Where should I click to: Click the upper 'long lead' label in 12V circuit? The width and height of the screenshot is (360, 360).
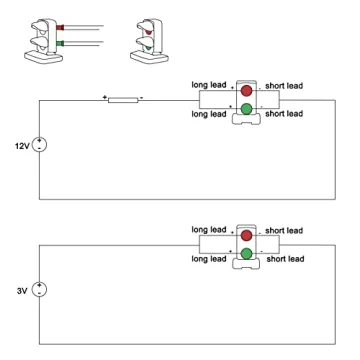tap(212, 84)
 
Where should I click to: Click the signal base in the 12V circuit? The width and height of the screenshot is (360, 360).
tap(245, 121)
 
